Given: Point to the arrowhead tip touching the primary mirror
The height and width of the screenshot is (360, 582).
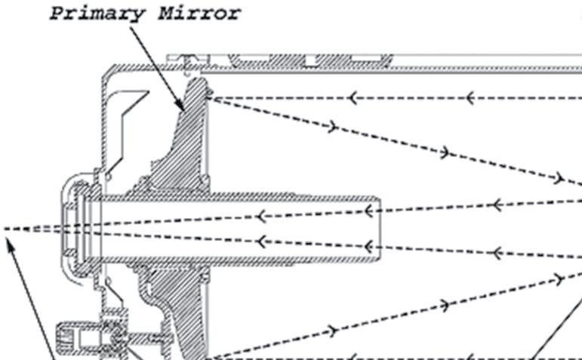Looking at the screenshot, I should (x=184, y=109).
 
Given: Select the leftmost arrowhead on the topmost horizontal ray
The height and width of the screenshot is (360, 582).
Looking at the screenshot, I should (x=352, y=98).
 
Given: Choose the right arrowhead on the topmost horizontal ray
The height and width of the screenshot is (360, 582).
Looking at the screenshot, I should (x=469, y=98).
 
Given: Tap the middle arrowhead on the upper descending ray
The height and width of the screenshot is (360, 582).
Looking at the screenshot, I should (x=445, y=153).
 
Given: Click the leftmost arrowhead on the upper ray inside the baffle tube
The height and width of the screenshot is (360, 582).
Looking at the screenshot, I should (x=260, y=217).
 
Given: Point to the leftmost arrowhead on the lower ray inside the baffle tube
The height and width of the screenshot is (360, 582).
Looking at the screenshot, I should (x=260, y=242).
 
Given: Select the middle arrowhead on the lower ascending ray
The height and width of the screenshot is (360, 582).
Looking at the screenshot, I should (x=445, y=305).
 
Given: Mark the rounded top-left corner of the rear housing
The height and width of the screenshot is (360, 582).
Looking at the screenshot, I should (x=107, y=72).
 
